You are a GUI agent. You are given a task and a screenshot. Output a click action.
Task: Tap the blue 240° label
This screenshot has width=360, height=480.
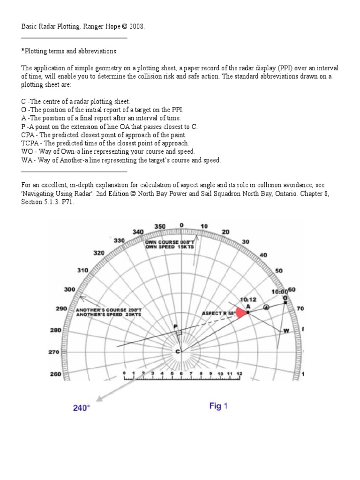click(x=81, y=408)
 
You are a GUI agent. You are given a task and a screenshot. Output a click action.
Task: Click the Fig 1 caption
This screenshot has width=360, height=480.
click(x=218, y=406)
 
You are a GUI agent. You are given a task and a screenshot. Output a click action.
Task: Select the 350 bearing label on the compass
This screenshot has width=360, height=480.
click(x=160, y=226)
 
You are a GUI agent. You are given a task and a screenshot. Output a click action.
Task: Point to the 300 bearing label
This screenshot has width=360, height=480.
click(x=69, y=289)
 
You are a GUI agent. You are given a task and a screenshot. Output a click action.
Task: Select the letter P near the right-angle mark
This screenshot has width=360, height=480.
click(x=175, y=326)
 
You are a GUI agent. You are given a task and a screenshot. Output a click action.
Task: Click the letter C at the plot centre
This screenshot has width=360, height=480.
click(x=177, y=352)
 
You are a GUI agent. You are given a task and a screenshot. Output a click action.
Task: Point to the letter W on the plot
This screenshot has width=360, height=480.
click(x=285, y=331)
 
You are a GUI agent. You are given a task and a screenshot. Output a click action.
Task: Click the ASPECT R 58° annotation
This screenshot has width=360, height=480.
click(x=217, y=313)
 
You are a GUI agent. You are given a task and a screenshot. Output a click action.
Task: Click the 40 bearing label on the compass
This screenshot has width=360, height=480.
click(x=263, y=255)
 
